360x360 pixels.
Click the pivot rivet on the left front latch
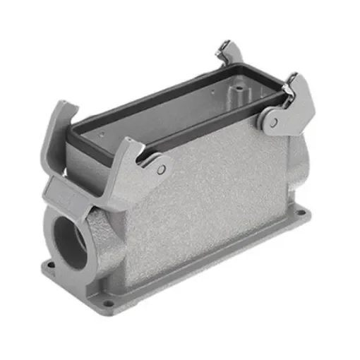(162, 170)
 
